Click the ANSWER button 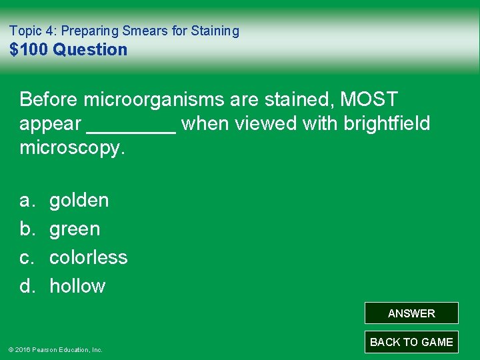click(x=411, y=313)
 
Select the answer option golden click(x=79, y=200)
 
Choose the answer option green click(x=75, y=229)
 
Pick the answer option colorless click(x=88, y=257)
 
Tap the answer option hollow click(x=77, y=286)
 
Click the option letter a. click(x=27, y=200)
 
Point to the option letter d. click(x=27, y=286)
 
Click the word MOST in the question click(x=369, y=99)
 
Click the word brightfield click(x=387, y=124)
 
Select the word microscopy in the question click(x=72, y=148)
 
